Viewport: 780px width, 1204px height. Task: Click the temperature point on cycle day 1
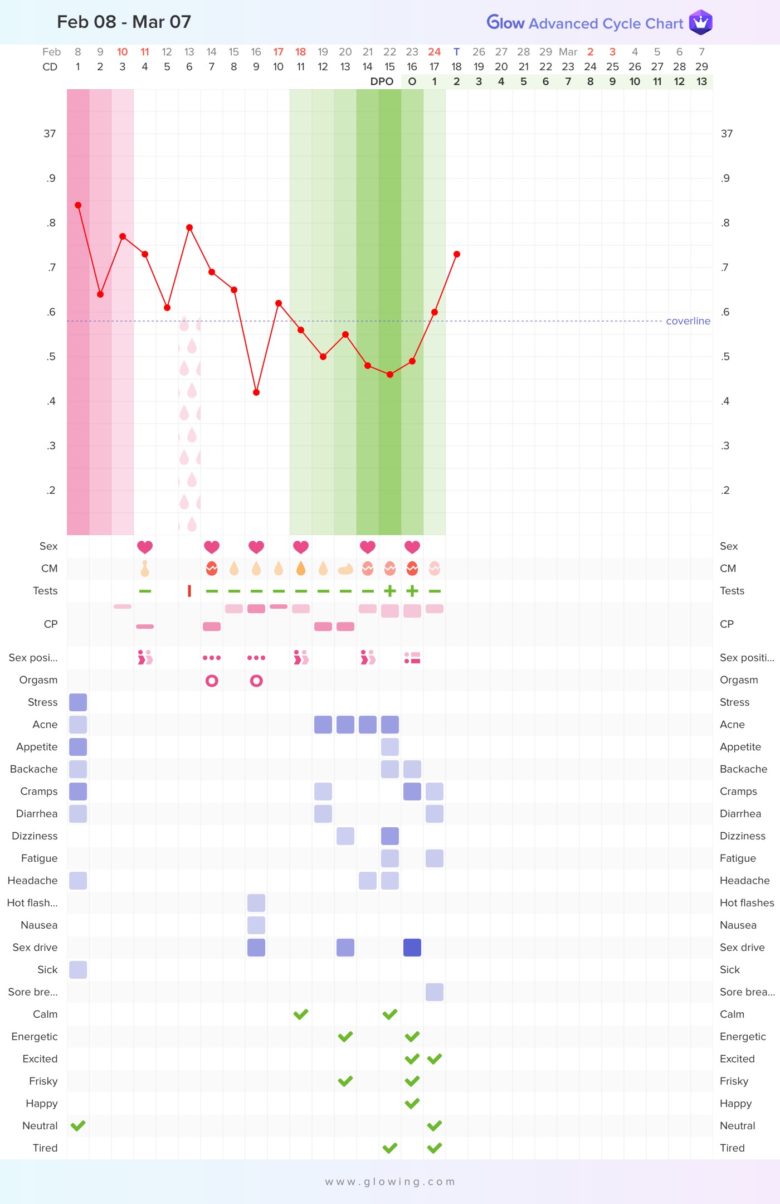pos(78,205)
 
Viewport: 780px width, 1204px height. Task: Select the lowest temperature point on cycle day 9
pos(256,392)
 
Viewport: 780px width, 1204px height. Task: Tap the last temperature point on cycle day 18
pos(457,254)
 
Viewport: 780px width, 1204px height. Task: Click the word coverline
pos(688,321)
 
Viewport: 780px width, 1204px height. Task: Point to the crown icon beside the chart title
pos(700,22)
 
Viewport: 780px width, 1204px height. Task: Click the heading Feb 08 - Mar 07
pos(124,22)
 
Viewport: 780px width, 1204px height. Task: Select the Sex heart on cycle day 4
pos(145,547)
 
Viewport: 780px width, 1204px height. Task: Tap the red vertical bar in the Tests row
pos(189,591)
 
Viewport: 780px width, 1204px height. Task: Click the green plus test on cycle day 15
pos(390,591)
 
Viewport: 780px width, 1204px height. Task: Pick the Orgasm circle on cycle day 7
pos(212,681)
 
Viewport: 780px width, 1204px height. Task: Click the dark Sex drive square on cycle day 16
pos(412,948)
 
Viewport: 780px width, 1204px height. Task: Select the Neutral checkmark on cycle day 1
pos(78,1125)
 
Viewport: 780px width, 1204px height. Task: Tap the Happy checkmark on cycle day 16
pos(412,1103)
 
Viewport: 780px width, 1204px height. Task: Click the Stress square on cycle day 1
pos(78,702)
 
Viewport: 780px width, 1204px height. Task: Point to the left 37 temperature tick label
pos(50,134)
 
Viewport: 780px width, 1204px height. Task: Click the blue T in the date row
pos(456,52)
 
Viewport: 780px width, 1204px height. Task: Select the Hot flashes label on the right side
pos(747,903)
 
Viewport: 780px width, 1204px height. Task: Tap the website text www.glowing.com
pos(390,1182)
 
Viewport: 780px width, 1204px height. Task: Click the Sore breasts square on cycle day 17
pos(435,992)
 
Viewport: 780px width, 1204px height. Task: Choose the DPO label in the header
pos(382,81)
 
